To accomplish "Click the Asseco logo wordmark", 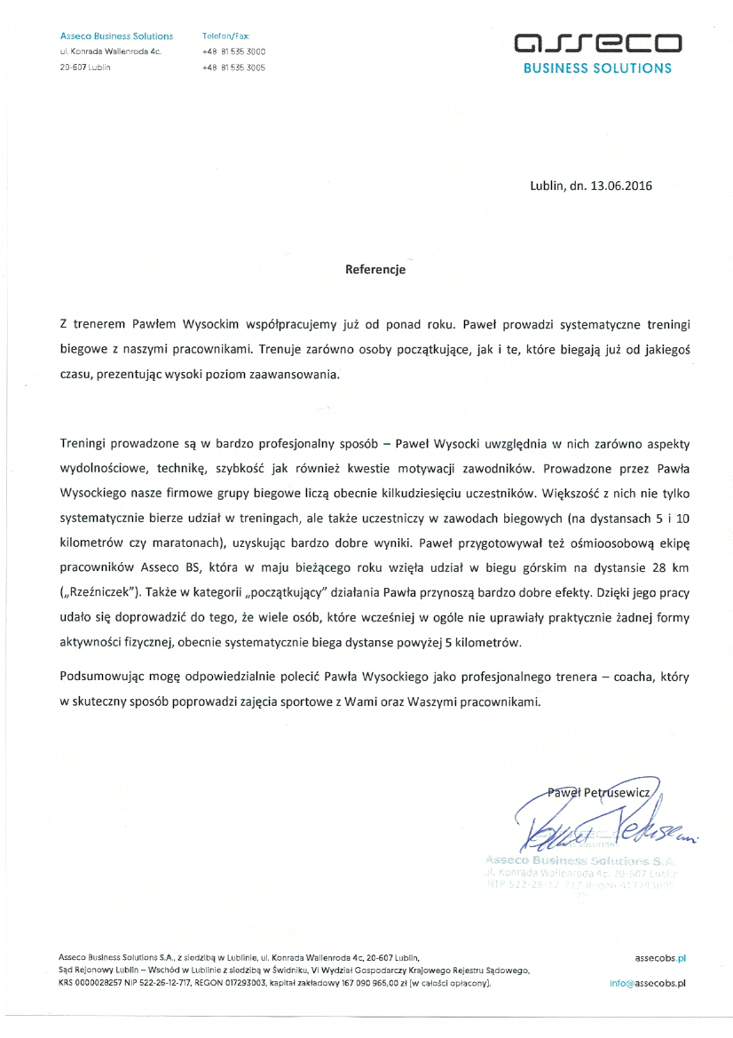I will pos(599,43).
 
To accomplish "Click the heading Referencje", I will pos(374,269).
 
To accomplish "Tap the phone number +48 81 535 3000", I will pos(233,52).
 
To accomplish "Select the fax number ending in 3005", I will pos(233,67).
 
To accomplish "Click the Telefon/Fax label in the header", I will pos(226,36).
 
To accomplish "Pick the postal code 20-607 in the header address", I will pos(73,67).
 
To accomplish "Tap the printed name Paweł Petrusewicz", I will pos(600,790).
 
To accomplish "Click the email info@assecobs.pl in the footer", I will pos(649,984).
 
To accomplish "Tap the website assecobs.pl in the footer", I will pos(661,959).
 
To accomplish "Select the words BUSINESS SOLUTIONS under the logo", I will pos(597,67).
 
